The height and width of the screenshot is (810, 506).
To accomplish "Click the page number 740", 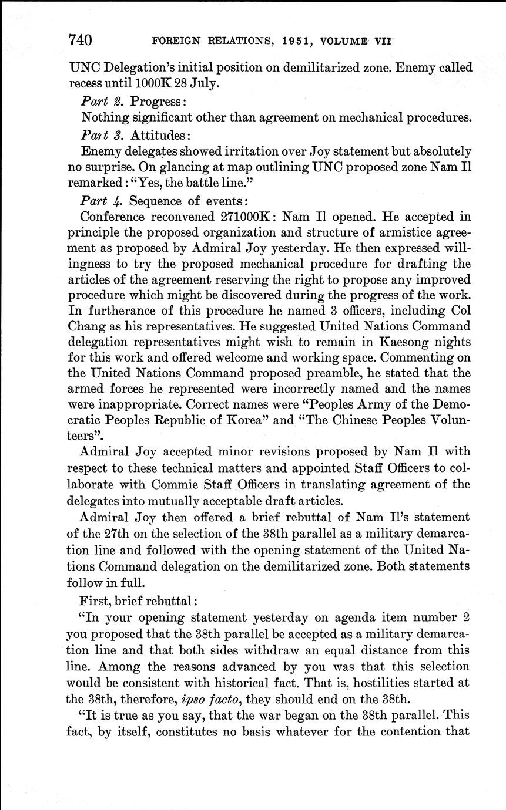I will pos(80,40).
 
